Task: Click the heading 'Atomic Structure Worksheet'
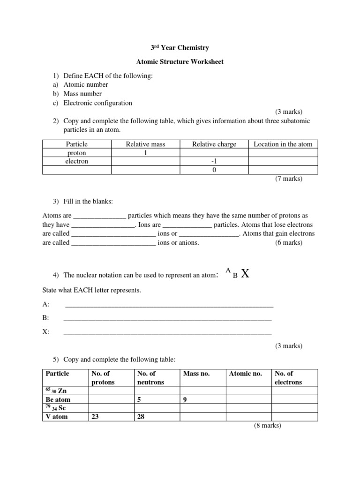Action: tap(180, 61)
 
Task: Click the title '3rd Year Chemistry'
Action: tap(180, 48)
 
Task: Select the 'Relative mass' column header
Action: tap(145, 144)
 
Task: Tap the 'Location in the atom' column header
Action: tap(283, 144)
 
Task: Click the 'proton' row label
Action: tap(76, 153)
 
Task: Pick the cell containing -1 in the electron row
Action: tap(214, 161)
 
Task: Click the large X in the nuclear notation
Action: tap(244, 274)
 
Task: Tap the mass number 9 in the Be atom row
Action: tap(186, 399)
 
